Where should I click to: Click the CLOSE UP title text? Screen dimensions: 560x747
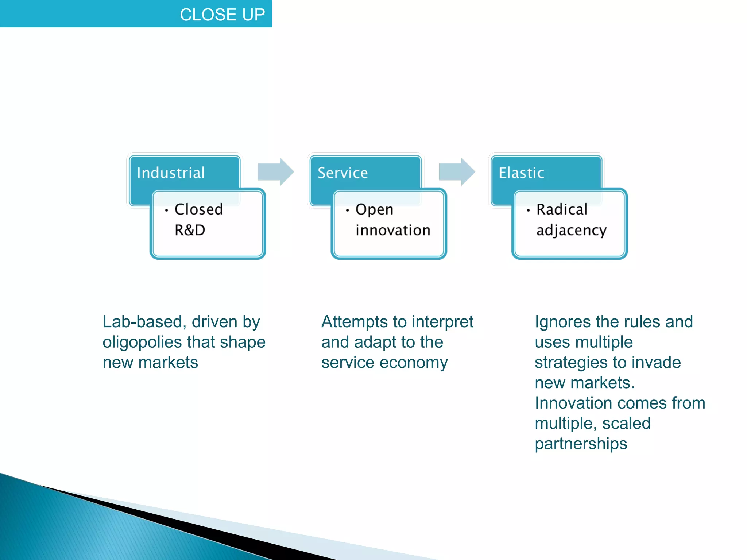[222, 15]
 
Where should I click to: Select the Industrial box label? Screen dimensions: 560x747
[171, 173]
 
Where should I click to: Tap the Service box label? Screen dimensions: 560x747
[342, 173]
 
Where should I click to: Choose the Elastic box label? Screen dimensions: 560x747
[521, 173]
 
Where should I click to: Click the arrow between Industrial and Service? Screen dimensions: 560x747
[275, 171]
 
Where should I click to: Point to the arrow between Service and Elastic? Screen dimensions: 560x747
[457, 171]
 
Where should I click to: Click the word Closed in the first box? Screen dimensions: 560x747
[198, 209]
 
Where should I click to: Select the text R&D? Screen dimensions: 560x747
[190, 230]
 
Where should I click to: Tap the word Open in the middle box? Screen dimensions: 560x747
[374, 210]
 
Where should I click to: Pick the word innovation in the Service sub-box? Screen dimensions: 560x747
[393, 230]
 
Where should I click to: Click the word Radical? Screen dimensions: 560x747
[562, 209]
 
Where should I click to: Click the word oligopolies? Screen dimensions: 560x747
[142, 343]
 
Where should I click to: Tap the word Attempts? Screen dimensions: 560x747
[354, 322]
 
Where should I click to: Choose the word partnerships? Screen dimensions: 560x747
[581, 444]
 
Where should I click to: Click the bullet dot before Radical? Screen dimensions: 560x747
[528, 210]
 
